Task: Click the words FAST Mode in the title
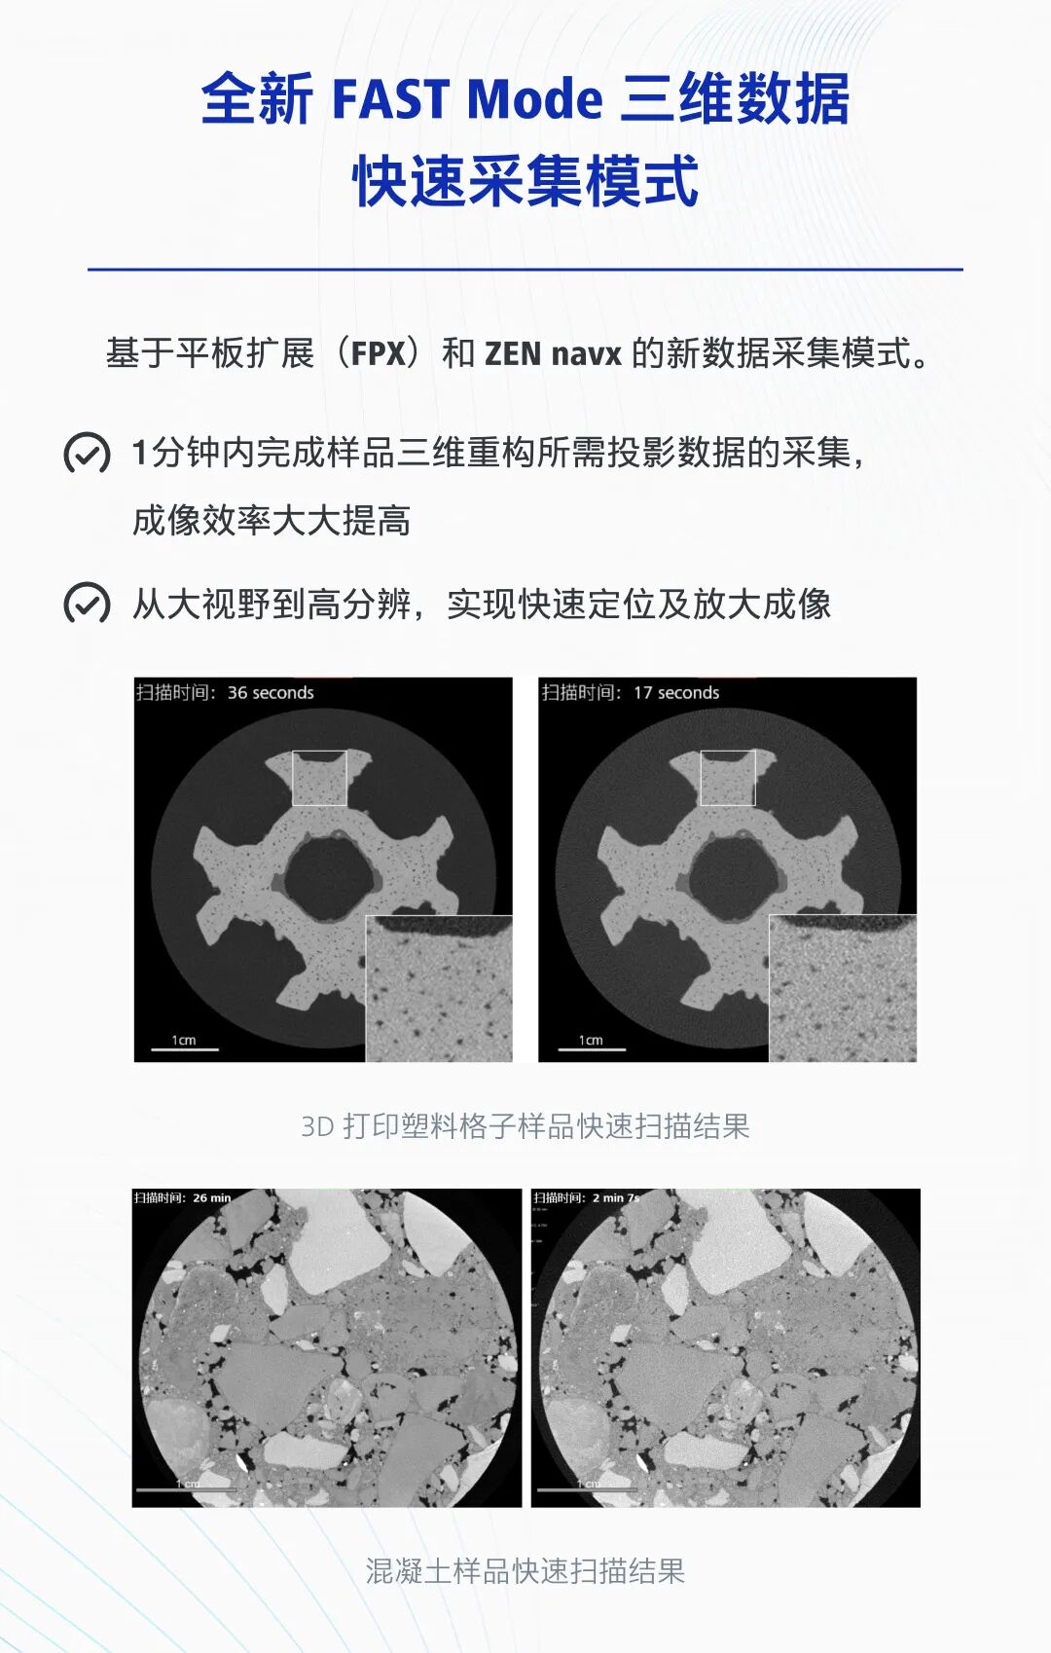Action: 467,99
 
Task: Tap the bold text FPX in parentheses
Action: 378,352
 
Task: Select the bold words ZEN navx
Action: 553,352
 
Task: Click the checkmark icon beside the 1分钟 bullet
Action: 87,453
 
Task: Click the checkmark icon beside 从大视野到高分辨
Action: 87,604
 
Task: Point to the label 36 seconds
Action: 271,693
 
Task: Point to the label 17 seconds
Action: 676,693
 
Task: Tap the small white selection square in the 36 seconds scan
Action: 319,778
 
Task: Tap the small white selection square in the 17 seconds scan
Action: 727,778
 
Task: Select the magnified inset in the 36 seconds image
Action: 439,988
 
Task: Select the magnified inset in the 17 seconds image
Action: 843,988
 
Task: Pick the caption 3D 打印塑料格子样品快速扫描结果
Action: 525,1126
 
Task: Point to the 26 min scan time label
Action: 211,1198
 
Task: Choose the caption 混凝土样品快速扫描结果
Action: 525,1570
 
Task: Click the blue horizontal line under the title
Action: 525,270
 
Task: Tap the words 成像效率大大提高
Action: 272,521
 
